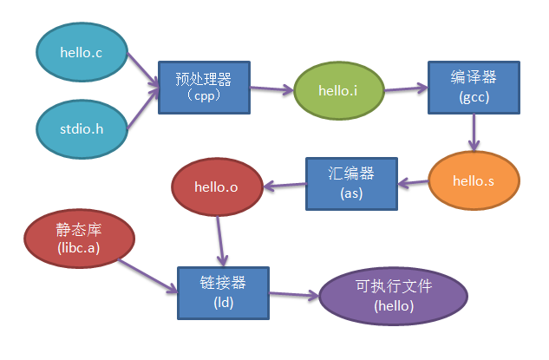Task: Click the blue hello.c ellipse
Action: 82,53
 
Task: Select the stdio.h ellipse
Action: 82,129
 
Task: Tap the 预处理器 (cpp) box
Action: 204,88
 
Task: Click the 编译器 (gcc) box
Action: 474,88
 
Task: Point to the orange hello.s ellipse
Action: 474,181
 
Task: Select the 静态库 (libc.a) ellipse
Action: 79,239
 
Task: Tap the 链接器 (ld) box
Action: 223,292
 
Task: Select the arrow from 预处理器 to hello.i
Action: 271,88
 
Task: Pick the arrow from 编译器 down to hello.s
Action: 473,132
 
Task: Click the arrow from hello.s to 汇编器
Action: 413,182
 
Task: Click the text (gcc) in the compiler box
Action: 474,97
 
